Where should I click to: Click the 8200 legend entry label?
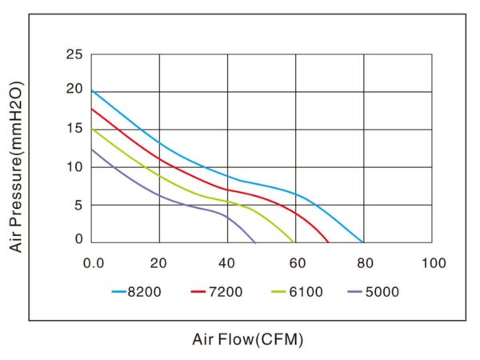click(x=145, y=292)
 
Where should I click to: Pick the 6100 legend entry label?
click(x=305, y=292)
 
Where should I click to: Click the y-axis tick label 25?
click(x=74, y=55)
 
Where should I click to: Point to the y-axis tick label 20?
click(x=74, y=89)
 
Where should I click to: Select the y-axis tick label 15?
click(x=74, y=128)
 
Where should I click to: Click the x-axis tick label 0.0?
click(x=93, y=262)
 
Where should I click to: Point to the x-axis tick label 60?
click(x=296, y=262)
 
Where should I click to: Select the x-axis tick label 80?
click(x=364, y=262)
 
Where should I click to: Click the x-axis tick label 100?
click(x=433, y=262)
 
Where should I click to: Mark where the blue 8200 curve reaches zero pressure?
click(x=364, y=242)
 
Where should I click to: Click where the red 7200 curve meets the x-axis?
click(x=329, y=242)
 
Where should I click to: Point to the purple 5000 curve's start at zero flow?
click(x=92, y=149)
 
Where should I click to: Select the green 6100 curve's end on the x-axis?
click(x=294, y=242)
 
